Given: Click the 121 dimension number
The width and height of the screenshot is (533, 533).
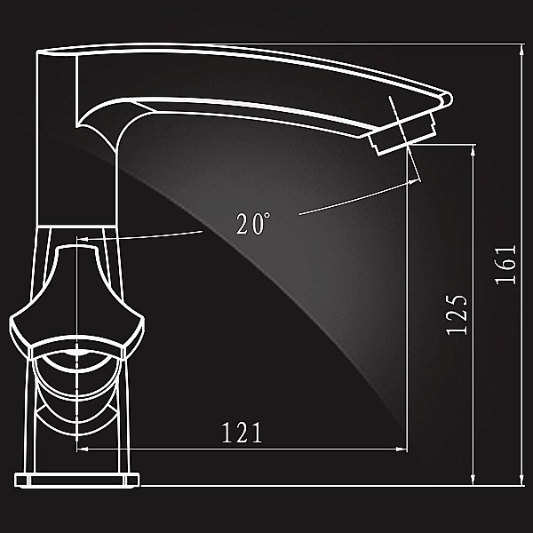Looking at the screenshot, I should pos(242,433).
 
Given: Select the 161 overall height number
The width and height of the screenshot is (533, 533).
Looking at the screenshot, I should pos(505,264).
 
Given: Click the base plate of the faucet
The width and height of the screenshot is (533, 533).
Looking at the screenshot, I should pos(78,480).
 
